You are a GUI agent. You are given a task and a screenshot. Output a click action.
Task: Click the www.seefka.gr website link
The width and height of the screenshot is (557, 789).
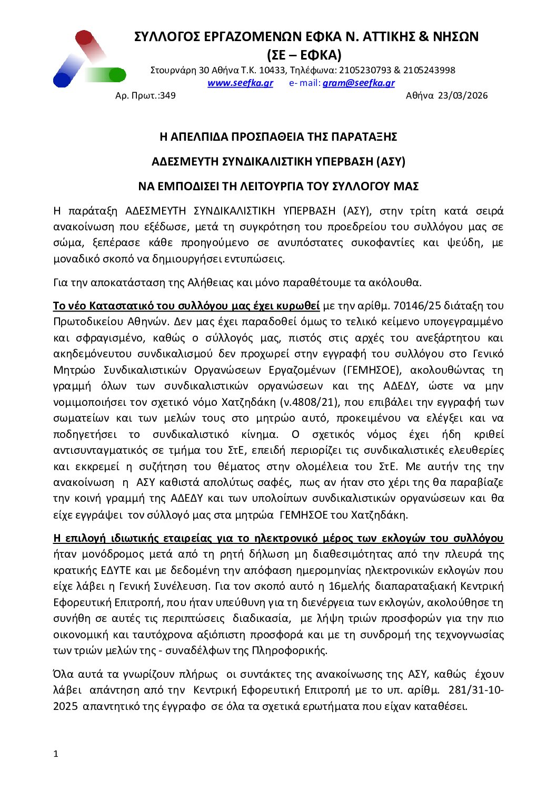pyautogui.click(x=240, y=83)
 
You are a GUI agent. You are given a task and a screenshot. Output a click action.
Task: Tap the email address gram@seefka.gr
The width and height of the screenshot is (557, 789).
pyautogui.click(x=358, y=83)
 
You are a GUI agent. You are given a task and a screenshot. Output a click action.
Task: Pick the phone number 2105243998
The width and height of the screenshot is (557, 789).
pyautogui.click(x=429, y=70)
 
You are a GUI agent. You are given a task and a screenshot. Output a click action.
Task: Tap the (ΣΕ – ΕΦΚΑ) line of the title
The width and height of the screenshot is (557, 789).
pyautogui.click(x=304, y=55)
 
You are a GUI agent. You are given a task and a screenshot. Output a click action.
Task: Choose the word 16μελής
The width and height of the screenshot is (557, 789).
pyautogui.click(x=350, y=586)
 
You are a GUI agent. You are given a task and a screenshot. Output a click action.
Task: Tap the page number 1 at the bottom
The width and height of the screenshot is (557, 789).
pyautogui.click(x=56, y=754)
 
